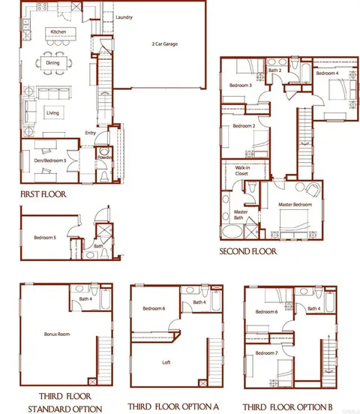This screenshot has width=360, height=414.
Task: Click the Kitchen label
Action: tap(57, 31)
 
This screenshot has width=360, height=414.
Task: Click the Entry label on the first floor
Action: tap(90, 133)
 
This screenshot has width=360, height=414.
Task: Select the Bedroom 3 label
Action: tap(240, 85)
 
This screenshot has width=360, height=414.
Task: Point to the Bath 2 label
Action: tap(274, 70)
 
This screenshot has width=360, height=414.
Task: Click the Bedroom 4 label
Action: tap(326, 73)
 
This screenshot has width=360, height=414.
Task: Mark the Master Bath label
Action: tap(241, 214)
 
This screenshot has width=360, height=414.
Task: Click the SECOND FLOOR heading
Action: tap(247, 251)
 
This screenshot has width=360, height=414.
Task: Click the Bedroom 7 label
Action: tap(265, 352)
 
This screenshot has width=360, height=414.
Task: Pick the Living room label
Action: tap(53, 113)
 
